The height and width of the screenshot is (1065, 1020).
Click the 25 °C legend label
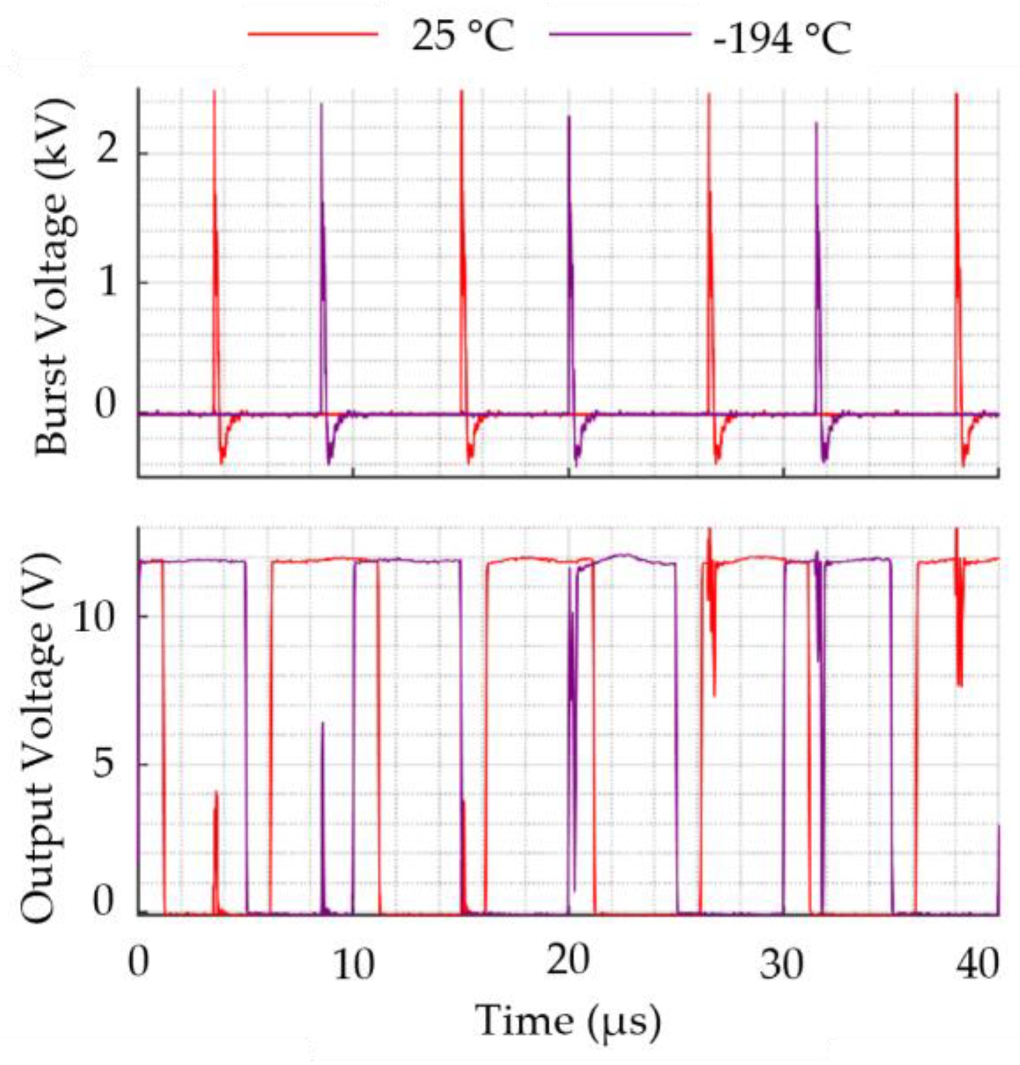[462, 36]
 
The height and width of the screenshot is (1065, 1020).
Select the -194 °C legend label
[781, 39]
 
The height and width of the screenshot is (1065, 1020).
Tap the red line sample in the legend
[312, 34]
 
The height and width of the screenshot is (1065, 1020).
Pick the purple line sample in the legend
[620, 34]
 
